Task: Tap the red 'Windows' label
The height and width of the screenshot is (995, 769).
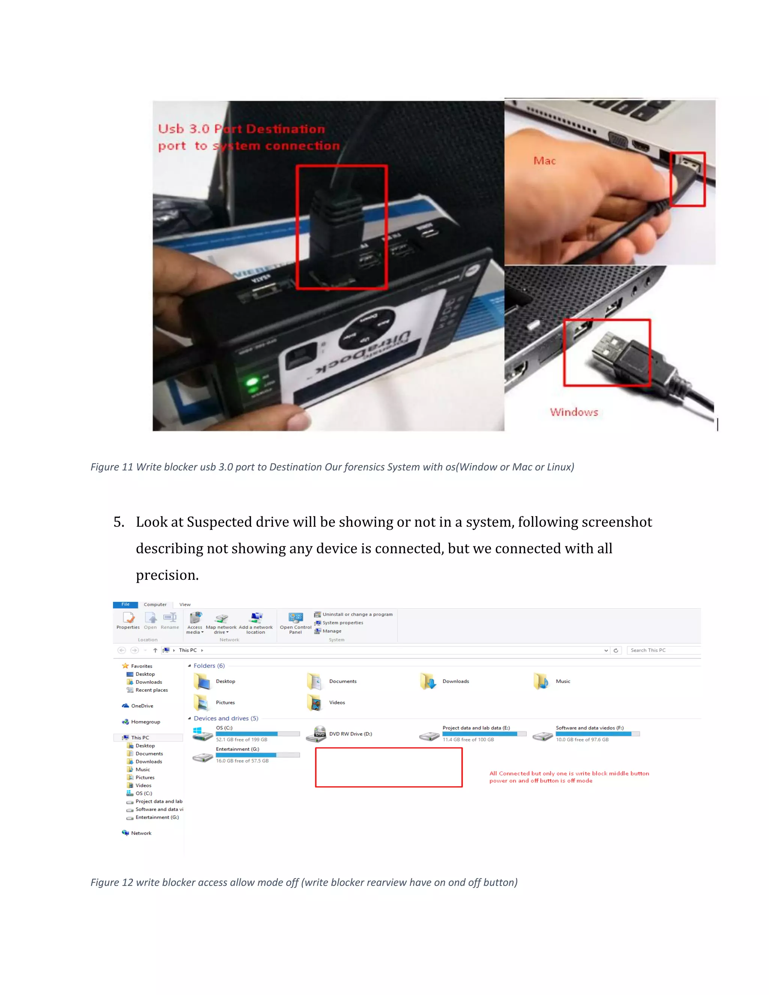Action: coord(574,412)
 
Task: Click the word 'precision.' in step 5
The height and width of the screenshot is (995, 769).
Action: coord(167,575)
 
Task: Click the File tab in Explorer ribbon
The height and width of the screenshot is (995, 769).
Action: coord(125,605)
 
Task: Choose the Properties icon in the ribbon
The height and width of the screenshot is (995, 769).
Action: coord(128,618)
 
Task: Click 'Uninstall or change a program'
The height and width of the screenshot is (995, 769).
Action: coord(357,614)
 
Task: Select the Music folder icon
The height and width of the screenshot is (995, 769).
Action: coord(541,681)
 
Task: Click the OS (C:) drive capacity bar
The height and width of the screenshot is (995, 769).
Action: coord(257,734)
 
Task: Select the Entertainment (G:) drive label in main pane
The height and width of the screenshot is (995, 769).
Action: coord(237,749)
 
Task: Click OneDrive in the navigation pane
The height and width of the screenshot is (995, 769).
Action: coord(142,706)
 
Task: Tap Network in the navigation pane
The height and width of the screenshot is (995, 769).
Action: coord(141,833)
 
